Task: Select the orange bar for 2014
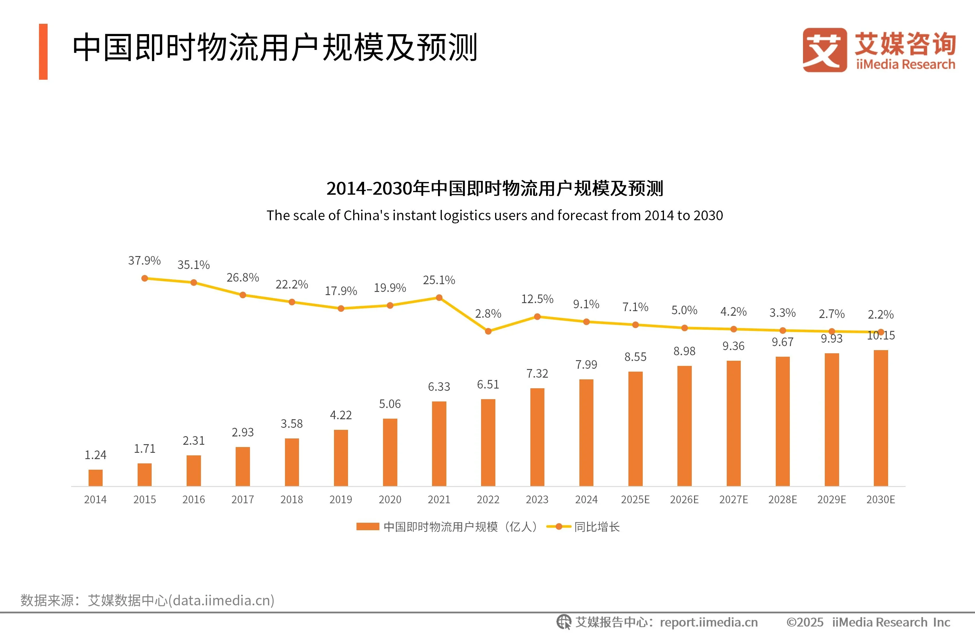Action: pos(95,477)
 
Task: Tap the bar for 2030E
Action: pos(880,418)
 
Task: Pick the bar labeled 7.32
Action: pos(537,437)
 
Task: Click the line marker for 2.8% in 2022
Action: pos(488,331)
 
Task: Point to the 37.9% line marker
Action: pos(144,278)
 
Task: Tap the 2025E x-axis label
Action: pos(635,500)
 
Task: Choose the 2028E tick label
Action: pos(782,500)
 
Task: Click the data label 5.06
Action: pos(390,404)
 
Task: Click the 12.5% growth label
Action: pos(537,299)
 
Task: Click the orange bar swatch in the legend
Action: pos(368,527)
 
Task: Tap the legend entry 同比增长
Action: pos(597,527)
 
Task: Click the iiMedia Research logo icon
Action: pos(824,50)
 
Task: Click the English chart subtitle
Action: pos(495,215)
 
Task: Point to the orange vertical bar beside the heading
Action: pos(43,52)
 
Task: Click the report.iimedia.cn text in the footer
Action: pos(709,622)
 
